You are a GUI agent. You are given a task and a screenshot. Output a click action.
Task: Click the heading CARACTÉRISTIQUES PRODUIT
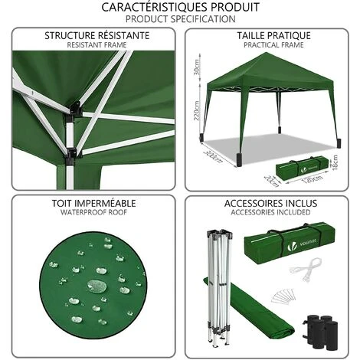(x=179, y=7)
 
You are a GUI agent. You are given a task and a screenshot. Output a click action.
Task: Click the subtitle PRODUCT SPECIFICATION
(x=179, y=18)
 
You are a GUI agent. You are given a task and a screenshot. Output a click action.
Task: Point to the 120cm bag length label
(x=288, y=182)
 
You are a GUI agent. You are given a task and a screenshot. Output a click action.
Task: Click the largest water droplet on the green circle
(x=97, y=285)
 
